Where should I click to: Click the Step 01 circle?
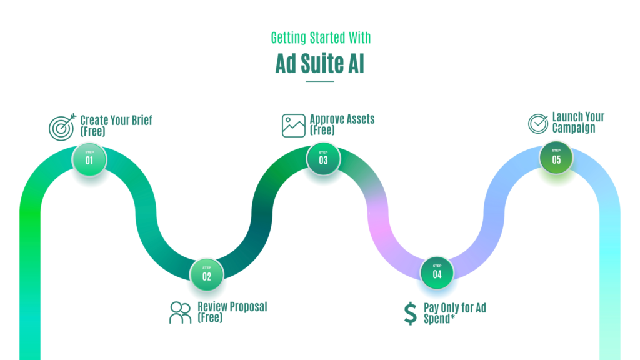[x=89, y=159]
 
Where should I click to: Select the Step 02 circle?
[x=206, y=275]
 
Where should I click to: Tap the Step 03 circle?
[x=323, y=159]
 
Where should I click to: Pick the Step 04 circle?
[x=437, y=272]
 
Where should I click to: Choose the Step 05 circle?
[x=556, y=157]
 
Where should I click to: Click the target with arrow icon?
[x=62, y=127]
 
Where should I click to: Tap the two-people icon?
[x=181, y=312]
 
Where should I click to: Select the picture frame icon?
[x=294, y=125]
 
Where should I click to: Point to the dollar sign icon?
[x=411, y=314]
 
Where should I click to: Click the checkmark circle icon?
[x=538, y=123]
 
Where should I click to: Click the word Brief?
[x=142, y=121]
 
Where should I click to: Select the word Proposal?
[x=249, y=307]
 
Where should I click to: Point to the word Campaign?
[x=574, y=127]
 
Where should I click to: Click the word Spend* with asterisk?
[x=439, y=318]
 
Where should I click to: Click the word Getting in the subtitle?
[x=289, y=38]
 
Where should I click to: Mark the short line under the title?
[x=320, y=81]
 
